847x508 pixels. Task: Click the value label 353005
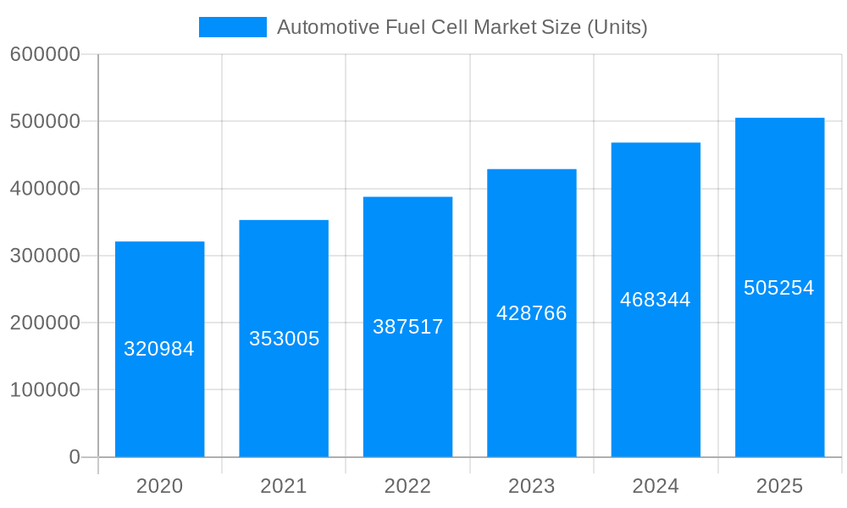click(x=284, y=339)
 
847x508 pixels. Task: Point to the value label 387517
click(x=407, y=327)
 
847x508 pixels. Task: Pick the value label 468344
click(x=656, y=300)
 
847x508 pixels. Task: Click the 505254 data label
click(x=779, y=288)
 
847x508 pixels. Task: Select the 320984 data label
click(x=159, y=349)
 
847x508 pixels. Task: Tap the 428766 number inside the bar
click(x=532, y=313)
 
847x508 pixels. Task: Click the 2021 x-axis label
click(x=284, y=486)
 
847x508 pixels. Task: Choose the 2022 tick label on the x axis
click(x=407, y=486)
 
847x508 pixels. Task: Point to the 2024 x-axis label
click(x=656, y=486)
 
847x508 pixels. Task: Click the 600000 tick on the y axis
click(x=45, y=54)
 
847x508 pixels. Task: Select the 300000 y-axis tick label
click(x=45, y=256)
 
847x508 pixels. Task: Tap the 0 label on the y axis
click(x=75, y=457)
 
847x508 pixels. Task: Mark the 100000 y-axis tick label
click(x=45, y=390)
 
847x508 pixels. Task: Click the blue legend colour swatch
click(x=232, y=27)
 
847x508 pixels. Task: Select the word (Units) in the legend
click(x=617, y=27)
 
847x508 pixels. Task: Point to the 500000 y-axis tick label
click(x=45, y=121)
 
